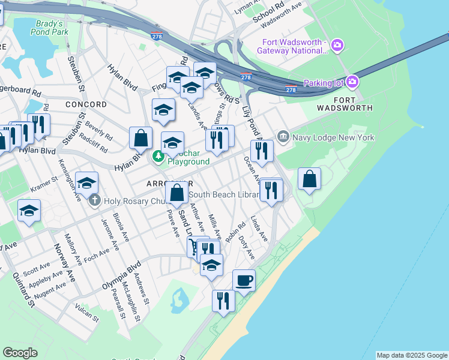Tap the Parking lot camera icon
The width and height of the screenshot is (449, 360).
coord(352,82)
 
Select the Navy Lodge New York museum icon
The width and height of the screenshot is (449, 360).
coord(283,137)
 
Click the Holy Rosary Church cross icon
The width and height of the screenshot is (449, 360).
coord(94,201)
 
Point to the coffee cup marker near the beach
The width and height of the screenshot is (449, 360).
coord(244,280)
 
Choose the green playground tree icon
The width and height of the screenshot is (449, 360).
coord(158,157)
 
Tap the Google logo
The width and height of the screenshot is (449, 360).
coord(20,353)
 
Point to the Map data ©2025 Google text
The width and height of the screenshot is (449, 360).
coord(412,355)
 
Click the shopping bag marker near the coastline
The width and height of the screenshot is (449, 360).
coord(309,179)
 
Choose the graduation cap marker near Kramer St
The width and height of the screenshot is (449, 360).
coord(86,182)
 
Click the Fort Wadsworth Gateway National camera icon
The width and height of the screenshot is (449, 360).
coord(337,45)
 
